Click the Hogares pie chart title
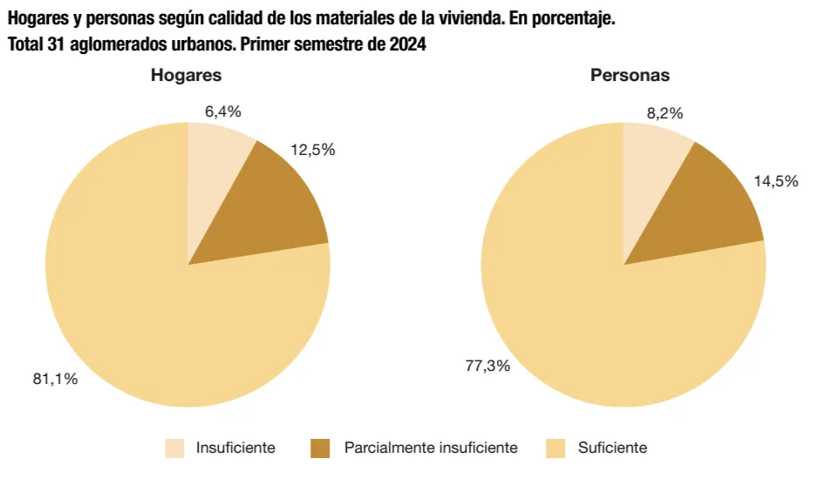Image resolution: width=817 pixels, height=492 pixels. [186, 75]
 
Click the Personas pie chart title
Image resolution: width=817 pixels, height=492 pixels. [630, 75]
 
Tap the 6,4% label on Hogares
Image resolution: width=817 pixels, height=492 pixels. [222, 111]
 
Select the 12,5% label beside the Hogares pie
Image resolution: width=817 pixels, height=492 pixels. [312, 150]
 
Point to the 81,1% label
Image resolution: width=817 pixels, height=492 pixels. [55, 379]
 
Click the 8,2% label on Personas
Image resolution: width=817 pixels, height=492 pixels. [664, 113]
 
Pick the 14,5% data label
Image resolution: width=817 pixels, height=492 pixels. [775, 181]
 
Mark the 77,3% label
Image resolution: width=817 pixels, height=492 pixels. [487, 366]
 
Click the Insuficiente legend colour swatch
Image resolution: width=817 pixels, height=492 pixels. [175, 448]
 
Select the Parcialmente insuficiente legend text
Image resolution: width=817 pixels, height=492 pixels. [431, 448]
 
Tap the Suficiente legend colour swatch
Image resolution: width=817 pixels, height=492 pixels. [555, 448]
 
